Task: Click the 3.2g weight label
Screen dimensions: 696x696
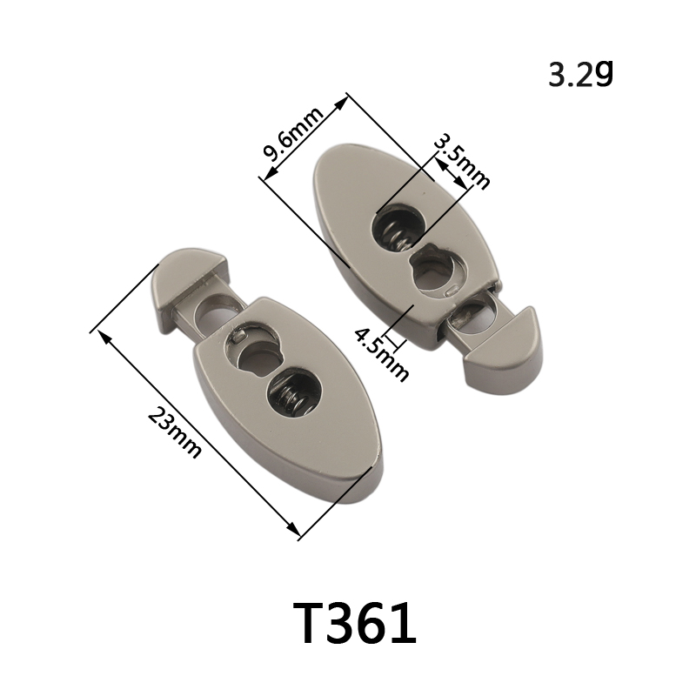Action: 580,74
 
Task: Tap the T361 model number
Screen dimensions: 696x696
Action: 354,623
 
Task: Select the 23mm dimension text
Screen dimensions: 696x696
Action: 174,432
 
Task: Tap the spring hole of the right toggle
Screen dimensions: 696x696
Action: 398,227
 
